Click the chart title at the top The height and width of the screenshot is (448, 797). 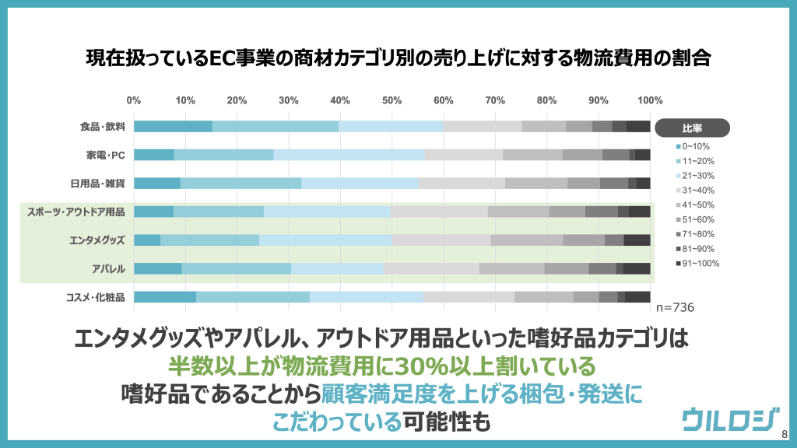click(398, 59)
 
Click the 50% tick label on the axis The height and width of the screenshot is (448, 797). click(391, 100)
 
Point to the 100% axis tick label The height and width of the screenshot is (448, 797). click(649, 100)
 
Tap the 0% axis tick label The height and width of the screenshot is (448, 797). click(134, 100)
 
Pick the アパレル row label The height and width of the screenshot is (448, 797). click(109, 268)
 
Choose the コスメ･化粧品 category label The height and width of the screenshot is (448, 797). click(98, 297)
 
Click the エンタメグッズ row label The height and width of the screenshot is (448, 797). click(97, 240)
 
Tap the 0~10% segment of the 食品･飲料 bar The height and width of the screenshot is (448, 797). click(173, 127)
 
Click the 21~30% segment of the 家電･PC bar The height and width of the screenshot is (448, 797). click(349, 155)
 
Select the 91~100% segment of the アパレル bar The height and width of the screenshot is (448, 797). click(637, 268)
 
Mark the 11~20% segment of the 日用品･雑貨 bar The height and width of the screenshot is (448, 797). click(241, 184)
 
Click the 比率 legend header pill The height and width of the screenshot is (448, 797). click(692, 127)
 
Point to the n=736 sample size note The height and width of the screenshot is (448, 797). click(673, 308)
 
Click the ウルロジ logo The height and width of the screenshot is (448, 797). click(729, 419)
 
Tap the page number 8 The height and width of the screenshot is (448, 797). click(784, 435)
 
